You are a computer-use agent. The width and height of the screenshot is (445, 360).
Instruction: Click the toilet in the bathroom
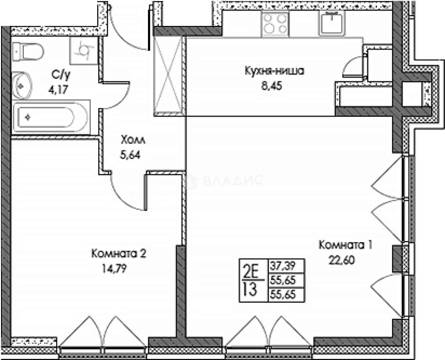click(28, 51)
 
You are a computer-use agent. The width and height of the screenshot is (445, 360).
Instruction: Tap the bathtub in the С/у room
click(51, 117)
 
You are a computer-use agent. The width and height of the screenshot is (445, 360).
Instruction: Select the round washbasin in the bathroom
click(22, 86)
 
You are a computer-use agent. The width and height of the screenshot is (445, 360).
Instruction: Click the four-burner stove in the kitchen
click(275, 23)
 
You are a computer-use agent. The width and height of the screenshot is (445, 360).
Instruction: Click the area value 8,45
click(271, 86)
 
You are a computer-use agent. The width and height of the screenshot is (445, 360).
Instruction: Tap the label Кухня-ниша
click(274, 71)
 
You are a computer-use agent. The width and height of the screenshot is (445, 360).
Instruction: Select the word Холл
click(133, 140)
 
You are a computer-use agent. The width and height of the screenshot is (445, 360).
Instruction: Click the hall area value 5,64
click(130, 155)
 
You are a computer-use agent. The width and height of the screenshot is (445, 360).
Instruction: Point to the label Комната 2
click(119, 253)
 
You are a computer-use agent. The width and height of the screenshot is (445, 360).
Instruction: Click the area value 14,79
click(114, 268)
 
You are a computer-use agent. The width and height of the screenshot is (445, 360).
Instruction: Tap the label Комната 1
click(345, 245)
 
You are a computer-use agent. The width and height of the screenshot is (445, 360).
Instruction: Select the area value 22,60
click(342, 260)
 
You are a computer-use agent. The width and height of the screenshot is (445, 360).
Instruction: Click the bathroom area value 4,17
click(58, 90)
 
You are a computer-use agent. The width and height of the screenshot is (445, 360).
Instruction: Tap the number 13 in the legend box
click(250, 289)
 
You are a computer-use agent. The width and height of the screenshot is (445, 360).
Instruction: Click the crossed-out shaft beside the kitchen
click(168, 76)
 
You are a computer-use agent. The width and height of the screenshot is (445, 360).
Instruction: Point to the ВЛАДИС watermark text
click(233, 180)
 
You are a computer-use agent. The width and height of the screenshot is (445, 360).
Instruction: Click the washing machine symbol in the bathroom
click(83, 50)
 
